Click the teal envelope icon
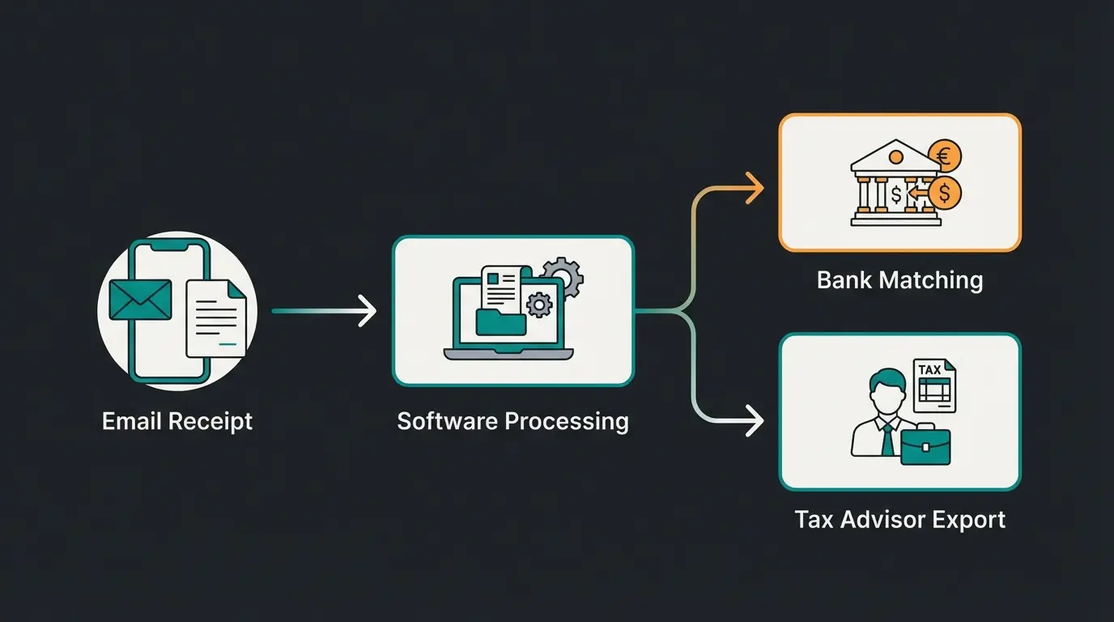(x=140, y=299)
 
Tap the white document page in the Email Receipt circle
(x=216, y=319)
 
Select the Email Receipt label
(x=177, y=422)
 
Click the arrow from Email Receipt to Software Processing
(x=324, y=311)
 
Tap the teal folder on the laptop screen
(x=500, y=321)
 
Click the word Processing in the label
(x=566, y=422)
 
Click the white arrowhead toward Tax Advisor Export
(x=754, y=421)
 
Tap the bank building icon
(x=895, y=185)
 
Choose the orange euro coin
(x=944, y=154)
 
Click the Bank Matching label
(x=899, y=281)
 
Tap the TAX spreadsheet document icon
(x=933, y=386)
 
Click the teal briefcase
(x=925, y=445)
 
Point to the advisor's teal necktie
(x=888, y=440)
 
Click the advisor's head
(x=885, y=390)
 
